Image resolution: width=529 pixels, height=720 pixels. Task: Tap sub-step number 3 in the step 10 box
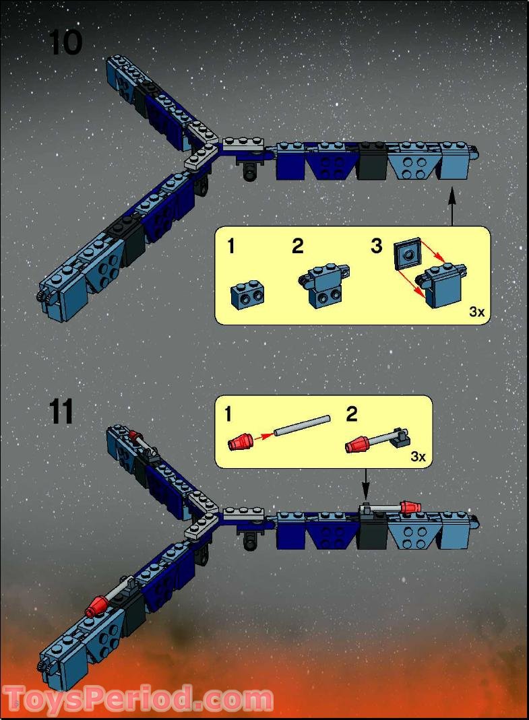pyautogui.click(x=376, y=246)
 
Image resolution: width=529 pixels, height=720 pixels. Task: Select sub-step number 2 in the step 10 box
pyautogui.click(x=297, y=246)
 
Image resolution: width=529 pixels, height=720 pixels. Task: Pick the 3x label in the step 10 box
pyautogui.click(x=476, y=312)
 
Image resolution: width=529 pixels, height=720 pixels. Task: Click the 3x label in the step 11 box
pyautogui.click(x=418, y=456)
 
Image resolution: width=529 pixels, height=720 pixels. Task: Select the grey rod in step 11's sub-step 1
pyautogui.click(x=302, y=427)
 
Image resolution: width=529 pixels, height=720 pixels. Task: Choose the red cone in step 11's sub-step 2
pyautogui.click(x=359, y=445)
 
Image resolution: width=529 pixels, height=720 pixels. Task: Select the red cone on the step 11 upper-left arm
pyautogui.click(x=133, y=435)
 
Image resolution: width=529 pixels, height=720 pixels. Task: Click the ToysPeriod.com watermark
pyautogui.click(x=138, y=698)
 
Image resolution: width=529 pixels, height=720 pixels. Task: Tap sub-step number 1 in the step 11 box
pyautogui.click(x=228, y=414)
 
